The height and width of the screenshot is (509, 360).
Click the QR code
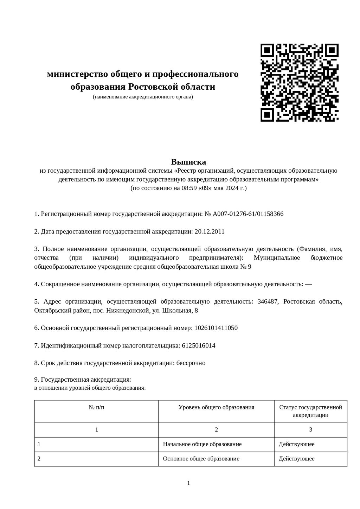[299, 83]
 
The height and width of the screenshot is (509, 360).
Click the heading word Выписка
[188, 162]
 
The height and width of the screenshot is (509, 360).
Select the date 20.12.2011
[209, 231]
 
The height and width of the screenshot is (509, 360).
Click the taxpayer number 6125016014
[199, 345]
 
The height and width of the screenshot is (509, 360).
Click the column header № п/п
[96, 407]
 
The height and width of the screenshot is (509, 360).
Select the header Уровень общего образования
[216, 407]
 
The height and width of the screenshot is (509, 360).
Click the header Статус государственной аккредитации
[310, 411]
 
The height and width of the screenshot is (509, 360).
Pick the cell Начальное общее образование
[202, 444]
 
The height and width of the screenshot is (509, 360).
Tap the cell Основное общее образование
[201, 459]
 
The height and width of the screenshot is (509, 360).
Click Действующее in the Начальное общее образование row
[296, 444]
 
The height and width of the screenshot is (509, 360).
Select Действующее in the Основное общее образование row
[296, 459]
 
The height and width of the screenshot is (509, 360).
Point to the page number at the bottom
[188, 483]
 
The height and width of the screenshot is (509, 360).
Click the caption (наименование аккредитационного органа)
[143, 97]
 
